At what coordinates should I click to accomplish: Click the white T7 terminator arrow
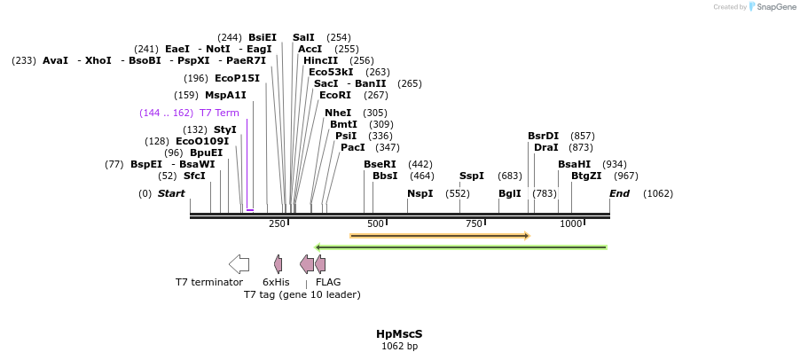(239, 263)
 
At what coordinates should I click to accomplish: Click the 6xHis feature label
(276, 282)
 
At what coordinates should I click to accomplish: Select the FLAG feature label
(328, 282)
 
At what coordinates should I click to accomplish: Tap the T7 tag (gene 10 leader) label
(302, 294)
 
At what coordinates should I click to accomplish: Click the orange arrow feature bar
(439, 236)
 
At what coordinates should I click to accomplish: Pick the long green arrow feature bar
(460, 247)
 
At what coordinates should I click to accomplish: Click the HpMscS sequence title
(399, 334)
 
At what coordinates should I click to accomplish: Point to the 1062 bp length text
(399, 347)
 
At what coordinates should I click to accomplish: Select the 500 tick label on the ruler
(375, 223)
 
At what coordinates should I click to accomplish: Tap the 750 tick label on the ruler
(473, 223)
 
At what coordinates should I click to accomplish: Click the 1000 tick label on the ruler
(571, 223)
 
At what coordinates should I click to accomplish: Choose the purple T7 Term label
(219, 113)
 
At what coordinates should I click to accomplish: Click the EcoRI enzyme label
(335, 95)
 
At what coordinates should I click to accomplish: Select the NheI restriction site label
(338, 113)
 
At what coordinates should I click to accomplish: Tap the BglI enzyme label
(510, 193)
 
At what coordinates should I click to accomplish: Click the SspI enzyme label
(472, 176)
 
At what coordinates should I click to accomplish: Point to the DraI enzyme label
(546, 147)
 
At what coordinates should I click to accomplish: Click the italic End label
(619, 193)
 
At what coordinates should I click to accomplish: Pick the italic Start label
(171, 193)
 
